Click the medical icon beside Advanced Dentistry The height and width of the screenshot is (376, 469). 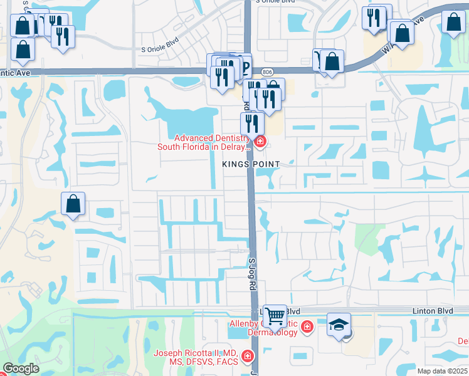click(x=259, y=142)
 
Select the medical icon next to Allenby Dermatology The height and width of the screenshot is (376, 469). click(x=307, y=326)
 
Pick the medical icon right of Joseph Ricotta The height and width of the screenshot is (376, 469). click(x=248, y=357)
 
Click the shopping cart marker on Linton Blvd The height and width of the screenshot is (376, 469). click(x=275, y=316)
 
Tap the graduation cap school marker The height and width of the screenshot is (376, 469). click(x=339, y=325)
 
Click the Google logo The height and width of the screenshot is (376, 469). click(x=21, y=368)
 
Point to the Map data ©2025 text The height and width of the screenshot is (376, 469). click(x=443, y=371)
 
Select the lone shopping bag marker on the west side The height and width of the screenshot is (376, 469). click(x=73, y=204)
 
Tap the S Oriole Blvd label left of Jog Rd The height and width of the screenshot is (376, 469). click(x=160, y=48)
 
